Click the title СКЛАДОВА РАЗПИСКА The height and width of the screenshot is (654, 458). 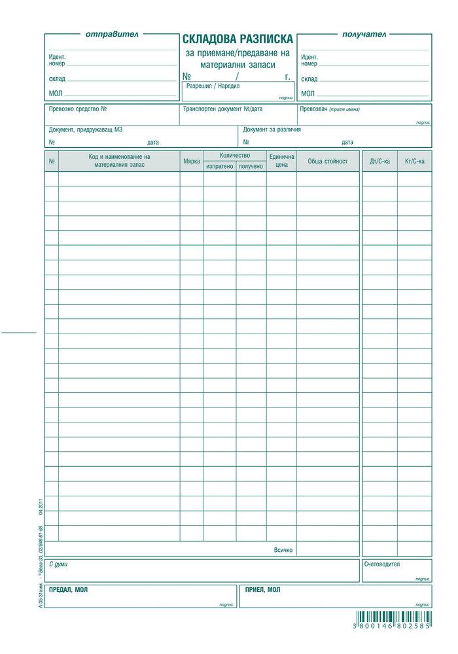[238, 39]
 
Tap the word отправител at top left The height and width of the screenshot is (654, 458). [113, 34]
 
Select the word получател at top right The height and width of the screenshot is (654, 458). [364, 34]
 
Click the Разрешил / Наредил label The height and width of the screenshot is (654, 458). [213, 86]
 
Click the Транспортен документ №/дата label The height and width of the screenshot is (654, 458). [223, 109]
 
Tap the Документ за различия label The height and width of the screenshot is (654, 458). [272, 129]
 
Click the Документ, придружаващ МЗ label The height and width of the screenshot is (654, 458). [86, 129]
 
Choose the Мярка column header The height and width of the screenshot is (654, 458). [192, 161]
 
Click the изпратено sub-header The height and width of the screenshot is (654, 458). [219, 166]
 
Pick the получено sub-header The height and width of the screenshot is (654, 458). [251, 166]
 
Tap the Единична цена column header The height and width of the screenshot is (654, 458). [281, 161]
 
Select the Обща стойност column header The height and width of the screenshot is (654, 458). [327, 161]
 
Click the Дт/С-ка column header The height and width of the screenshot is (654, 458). [380, 161]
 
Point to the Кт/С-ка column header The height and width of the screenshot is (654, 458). [415, 161]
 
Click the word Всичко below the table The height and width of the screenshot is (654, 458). [283, 550]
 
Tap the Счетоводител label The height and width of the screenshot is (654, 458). [382, 564]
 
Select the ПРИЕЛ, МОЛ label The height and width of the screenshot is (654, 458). [262, 589]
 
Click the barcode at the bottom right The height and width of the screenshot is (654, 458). [393, 618]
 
